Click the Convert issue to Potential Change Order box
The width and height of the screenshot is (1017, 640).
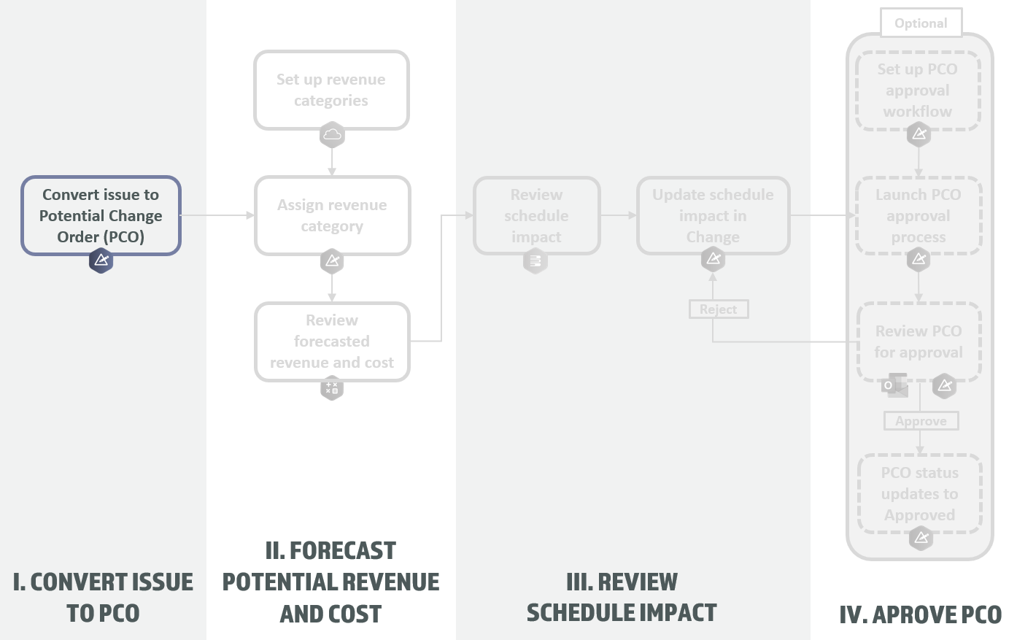pyautogui.click(x=101, y=215)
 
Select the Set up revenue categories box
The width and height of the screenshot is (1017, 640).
pyautogui.click(x=331, y=90)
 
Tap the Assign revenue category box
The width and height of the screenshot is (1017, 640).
pyautogui.click(x=332, y=215)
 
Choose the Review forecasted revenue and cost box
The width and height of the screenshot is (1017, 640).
pyautogui.click(x=332, y=341)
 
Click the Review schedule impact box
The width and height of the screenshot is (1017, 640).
pyautogui.click(x=536, y=215)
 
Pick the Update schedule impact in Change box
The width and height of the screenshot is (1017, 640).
pyautogui.click(x=713, y=215)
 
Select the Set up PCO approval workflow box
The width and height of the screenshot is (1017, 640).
pyautogui.click(x=917, y=90)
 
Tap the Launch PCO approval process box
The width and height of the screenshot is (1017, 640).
pyautogui.click(x=918, y=215)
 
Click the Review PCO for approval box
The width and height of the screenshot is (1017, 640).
pyautogui.click(x=919, y=342)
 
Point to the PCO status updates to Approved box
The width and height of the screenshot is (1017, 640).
pyautogui.click(x=919, y=493)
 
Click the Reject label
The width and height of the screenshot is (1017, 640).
pyautogui.click(x=719, y=309)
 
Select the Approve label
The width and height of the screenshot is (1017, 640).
pyautogui.click(x=921, y=421)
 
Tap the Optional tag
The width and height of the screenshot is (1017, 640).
pyautogui.click(x=921, y=23)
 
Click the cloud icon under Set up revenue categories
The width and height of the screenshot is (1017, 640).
pyautogui.click(x=332, y=134)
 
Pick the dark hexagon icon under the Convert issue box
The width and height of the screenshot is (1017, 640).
pyautogui.click(x=101, y=260)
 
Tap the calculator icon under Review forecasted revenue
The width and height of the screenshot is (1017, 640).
pyautogui.click(x=332, y=388)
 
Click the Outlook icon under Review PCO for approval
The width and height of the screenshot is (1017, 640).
pyautogui.click(x=894, y=385)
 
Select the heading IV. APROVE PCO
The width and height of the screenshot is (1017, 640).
pyautogui.click(x=920, y=614)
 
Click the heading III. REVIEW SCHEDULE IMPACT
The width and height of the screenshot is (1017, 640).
pyautogui.click(x=622, y=597)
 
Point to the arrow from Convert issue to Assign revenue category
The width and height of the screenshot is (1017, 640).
pyautogui.click(x=217, y=215)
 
